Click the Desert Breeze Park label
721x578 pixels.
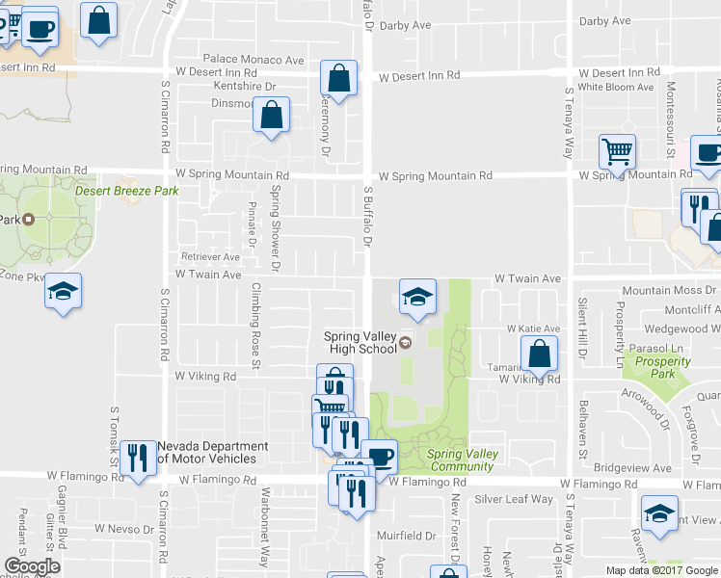[127, 191]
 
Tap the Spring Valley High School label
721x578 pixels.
[360, 342]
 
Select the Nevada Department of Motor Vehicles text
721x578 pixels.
[213, 453]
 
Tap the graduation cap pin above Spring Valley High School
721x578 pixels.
[417, 297]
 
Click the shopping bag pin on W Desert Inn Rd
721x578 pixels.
[338, 77]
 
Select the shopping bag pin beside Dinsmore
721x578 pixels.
[272, 116]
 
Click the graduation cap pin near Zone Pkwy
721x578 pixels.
[63, 291]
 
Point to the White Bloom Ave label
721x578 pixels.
[616, 87]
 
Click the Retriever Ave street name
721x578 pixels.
[211, 257]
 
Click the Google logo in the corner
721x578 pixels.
[32, 566]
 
